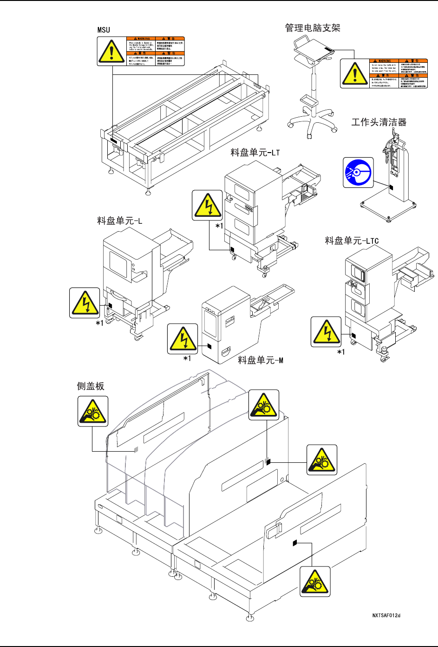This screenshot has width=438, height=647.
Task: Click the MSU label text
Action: [x=104, y=30]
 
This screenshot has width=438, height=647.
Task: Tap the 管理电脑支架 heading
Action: [x=313, y=28]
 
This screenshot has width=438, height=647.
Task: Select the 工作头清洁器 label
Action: [x=379, y=122]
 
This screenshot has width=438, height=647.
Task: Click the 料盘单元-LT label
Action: [x=255, y=153]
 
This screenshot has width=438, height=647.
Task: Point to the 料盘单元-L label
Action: [x=119, y=220]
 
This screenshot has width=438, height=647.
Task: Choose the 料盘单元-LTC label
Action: [x=352, y=240]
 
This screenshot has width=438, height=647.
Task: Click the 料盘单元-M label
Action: [x=260, y=360]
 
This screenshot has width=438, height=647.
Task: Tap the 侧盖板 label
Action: [x=91, y=386]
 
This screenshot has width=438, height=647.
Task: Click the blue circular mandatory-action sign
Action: [x=358, y=172]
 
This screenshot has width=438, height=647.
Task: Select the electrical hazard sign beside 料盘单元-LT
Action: [x=208, y=205]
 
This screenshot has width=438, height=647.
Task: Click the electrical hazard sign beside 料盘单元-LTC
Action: [x=326, y=332]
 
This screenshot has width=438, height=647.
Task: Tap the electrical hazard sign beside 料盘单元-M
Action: [x=183, y=339]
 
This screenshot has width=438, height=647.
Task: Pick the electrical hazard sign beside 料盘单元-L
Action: [x=85, y=303]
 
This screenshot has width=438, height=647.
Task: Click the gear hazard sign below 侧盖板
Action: [x=93, y=411]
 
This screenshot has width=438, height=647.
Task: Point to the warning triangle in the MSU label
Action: [x=111, y=51]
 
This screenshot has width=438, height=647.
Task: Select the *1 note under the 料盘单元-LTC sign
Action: [x=341, y=352]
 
